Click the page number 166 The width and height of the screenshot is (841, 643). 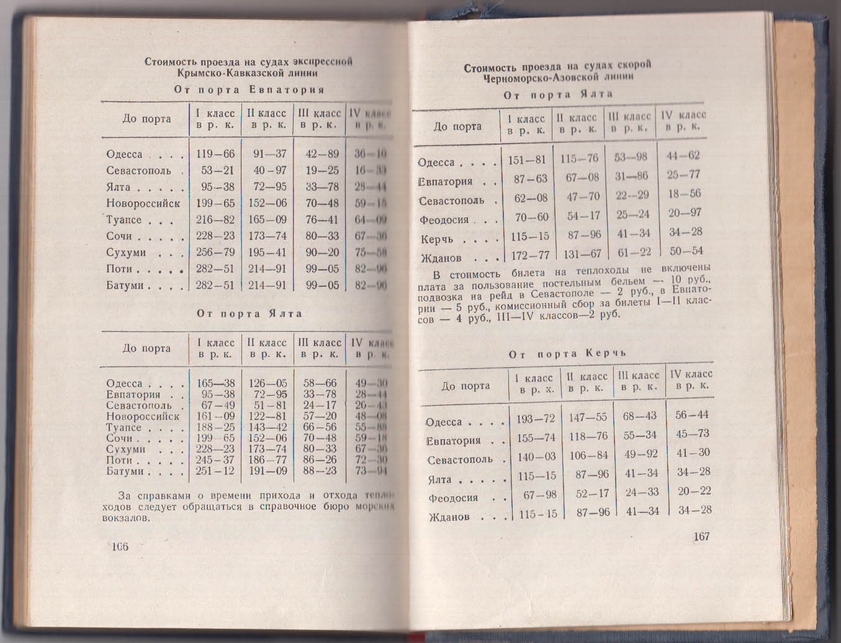pyautogui.click(x=119, y=547)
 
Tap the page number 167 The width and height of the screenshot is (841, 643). pyautogui.click(x=701, y=536)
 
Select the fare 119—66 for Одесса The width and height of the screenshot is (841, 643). pyautogui.click(x=215, y=155)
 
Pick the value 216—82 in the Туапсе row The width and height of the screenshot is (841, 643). pyautogui.click(x=215, y=220)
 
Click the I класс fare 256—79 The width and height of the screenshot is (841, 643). pyautogui.click(x=215, y=253)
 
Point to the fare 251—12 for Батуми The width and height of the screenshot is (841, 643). pyautogui.click(x=215, y=471)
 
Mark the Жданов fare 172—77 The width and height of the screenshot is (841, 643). pyautogui.click(x=527, y=255)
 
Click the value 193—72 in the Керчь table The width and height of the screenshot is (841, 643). pyautogui.click(x=536, y=419)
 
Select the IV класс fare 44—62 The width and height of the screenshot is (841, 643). pyautogui.click(x=683, y=156)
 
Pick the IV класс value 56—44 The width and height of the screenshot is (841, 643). pyautogui.click(x=693, y=415)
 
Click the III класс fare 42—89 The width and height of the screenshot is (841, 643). pyautogui.click(x=322, y=155)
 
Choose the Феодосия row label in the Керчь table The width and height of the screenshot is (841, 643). pyautogui.click(x=453, y=498)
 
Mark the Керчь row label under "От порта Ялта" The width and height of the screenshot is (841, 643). pyautogui.click(x=437, y=240)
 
